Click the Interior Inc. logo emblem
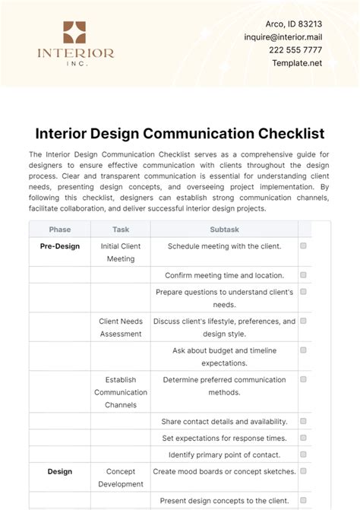(x=75, y=32)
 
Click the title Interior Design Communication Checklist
(x=180, y=134)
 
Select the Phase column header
(x=60, y=229)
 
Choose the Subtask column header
(x=224, y=229)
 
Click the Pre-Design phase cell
(x=60, y=246)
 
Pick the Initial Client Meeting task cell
(x=120, y=252)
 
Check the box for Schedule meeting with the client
(x=303, y=246)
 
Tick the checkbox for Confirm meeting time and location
(x=303, y=275)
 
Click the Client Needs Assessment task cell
(x=120, y=328)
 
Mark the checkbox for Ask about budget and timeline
(x=303, y=350)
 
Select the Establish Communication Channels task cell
(x=120, y=392)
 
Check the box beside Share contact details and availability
(x=303, y=421)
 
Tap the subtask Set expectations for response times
(x=224, y=438)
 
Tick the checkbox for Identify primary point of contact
(x=303, y=455)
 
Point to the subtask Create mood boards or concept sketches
(x=224, y=471)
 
